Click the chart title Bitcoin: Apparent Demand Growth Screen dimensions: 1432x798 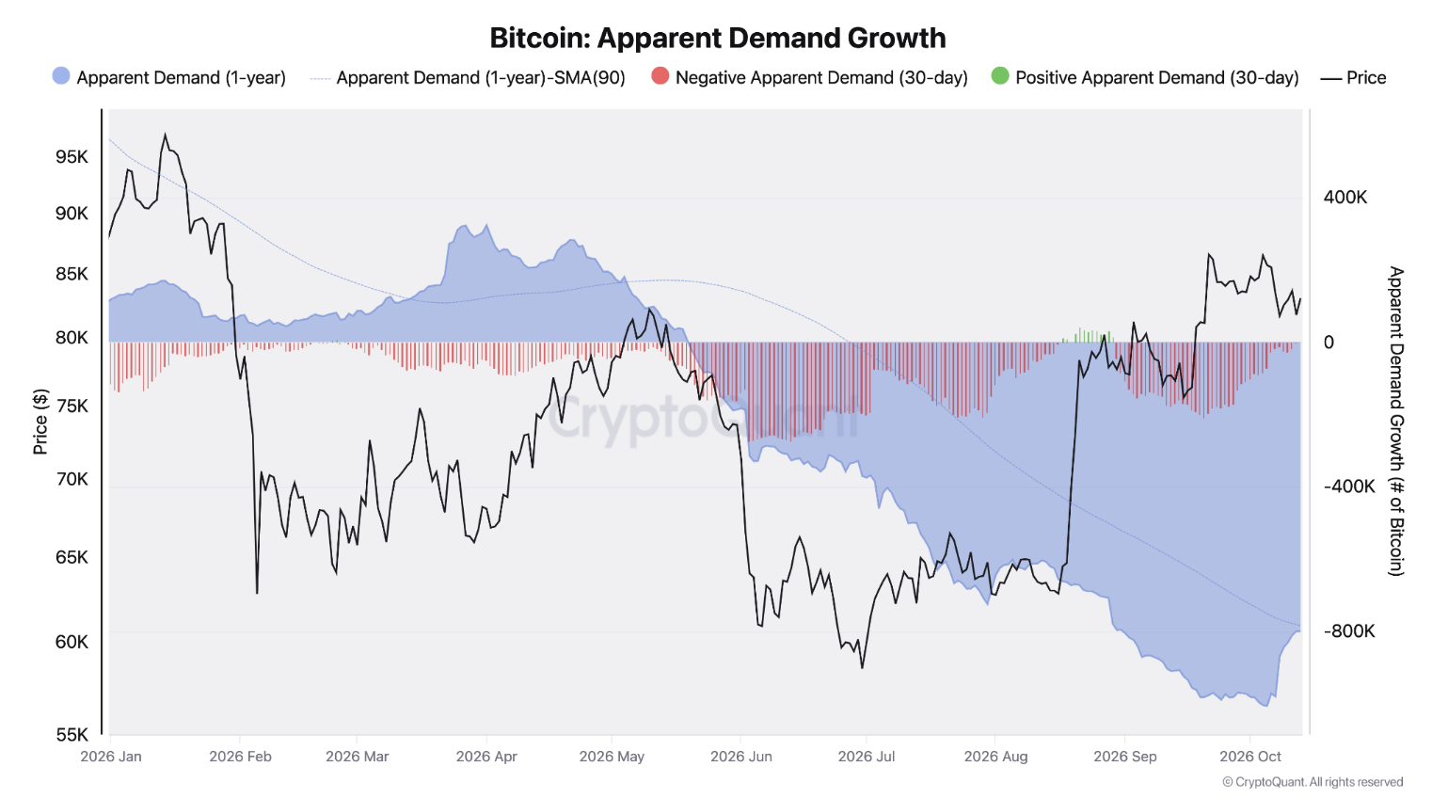pyautogui.click(x=717, y=38)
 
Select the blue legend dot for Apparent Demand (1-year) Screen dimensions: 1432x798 pyautogui.click(x=61, y=76)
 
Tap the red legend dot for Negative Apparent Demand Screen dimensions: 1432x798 pyautogui.click(x=660, y=76)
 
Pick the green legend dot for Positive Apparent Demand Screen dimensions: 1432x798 pyautogui.click(x=1000, y=76)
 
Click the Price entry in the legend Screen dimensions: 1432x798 pyautogui.click(x=1353, y=77)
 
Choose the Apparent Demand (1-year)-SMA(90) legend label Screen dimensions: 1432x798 pyautogui.click(x=481, y=77)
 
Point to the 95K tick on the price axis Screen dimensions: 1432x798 pyautogui.click(x=72, y=156)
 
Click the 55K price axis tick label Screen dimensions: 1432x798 pyautogui.click(x=72, y=734)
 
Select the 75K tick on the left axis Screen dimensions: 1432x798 pyautogui.click(x=72, y=406)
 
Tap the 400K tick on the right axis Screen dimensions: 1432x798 pyautogui.click(x=1345, y=197)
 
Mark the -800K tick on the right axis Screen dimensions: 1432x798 pyautogui.click(x=1349, y=631)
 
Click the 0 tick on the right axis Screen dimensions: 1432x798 pyautogui.click(x=1329, y=343)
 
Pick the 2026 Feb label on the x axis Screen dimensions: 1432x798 pyautogui.click(x=240, y=757)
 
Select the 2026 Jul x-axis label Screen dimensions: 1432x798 pyautogui.click(x=867, y=757)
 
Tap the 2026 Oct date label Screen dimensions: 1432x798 pyautogui.click(x=1250, y=757)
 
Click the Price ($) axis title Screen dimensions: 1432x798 pyautogui.click(x=40, y=422)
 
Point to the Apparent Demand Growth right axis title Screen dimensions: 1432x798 pyautogui.click(x=1396, y=421)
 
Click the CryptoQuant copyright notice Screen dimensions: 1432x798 pyautogui.click(x=1313, y=781)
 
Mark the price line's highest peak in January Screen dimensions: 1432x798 pyautogui.click(x=165, y=135)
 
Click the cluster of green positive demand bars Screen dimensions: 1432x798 pyautogui.click(x=1087, y=336)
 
